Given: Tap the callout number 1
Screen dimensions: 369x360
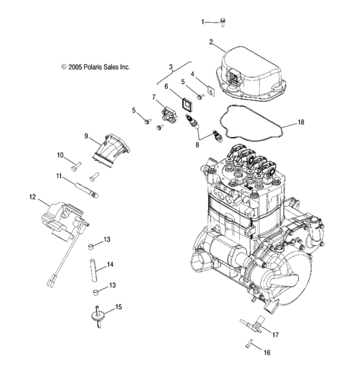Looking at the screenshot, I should tap(204, 22).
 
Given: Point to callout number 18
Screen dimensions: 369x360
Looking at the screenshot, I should tap(301, 121).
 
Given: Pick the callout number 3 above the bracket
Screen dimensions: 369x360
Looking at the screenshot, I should tap(171, 67).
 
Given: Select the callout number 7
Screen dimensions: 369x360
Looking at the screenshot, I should tap(154, 97).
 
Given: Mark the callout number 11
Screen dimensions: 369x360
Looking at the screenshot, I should tap(59, 175).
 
